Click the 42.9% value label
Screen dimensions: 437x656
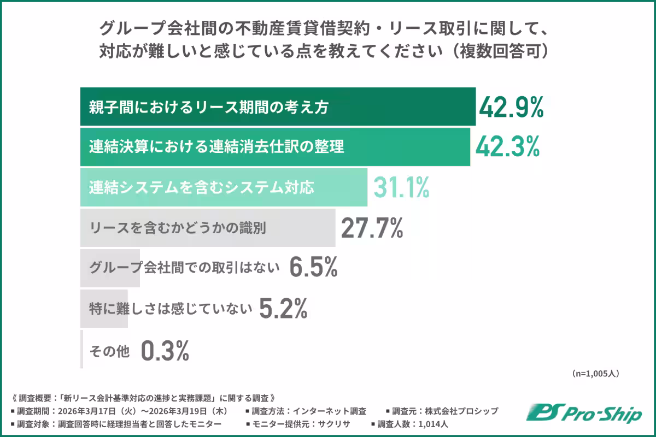511,107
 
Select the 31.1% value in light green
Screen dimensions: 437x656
401,187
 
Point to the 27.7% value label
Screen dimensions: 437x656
372,228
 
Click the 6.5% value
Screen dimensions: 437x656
313,268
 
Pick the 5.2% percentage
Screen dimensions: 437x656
283,309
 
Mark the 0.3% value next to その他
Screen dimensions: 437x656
165,350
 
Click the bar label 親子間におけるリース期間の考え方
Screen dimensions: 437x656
209,108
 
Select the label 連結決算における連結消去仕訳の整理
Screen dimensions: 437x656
216,147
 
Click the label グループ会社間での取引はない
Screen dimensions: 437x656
184,268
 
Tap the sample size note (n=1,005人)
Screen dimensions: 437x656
595,374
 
